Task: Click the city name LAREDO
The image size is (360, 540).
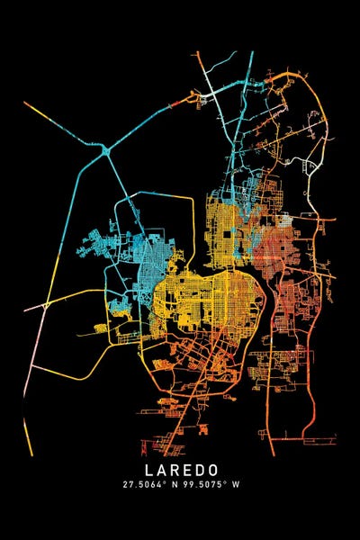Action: (x=179, y=470)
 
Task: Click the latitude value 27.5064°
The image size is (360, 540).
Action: (x=147, y=484)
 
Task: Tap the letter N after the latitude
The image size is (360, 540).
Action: (x=175, y=484)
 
